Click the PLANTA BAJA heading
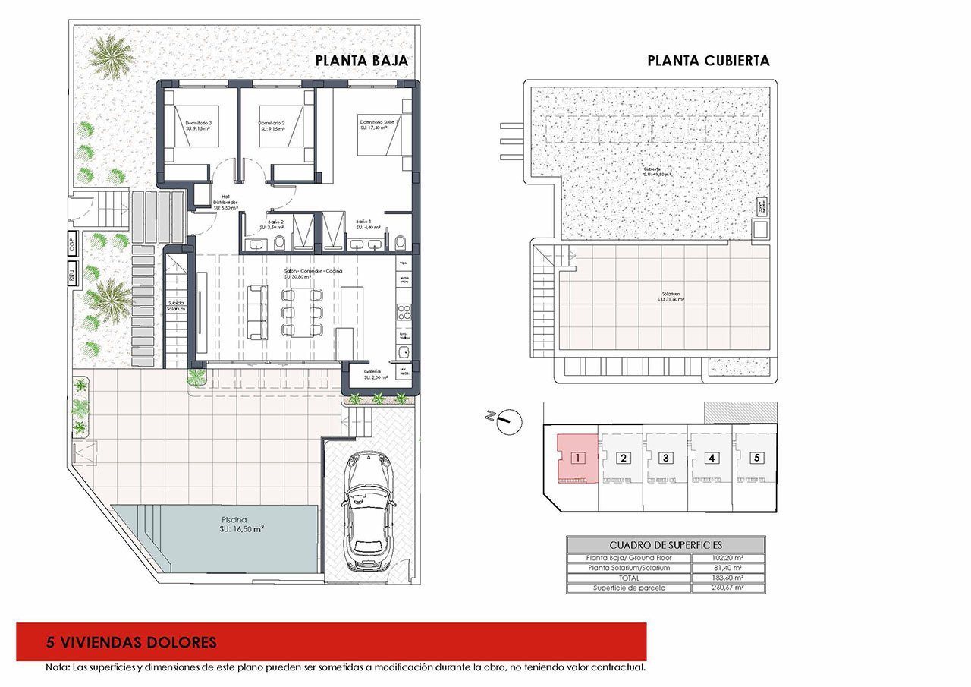(x=362, y=61)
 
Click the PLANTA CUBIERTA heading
(x=708, y=61)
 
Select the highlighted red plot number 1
(x=578, y=458)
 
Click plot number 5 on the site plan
(x=756, y=458)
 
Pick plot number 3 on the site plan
(x=665, y=458)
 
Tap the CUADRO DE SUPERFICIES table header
(x=665, y=545)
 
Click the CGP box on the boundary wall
(x=73, y=244)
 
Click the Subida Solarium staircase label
(x=176, y=306)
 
